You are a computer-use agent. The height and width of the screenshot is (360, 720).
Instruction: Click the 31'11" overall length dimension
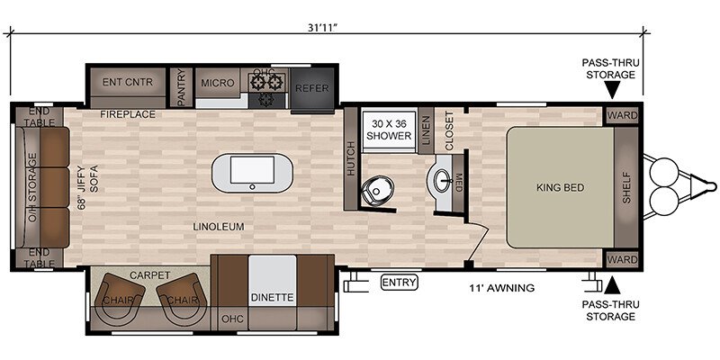[327, 26]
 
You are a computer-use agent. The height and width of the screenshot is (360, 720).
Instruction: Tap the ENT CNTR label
[127, 83]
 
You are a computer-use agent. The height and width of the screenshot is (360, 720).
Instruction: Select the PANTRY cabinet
[181, 87]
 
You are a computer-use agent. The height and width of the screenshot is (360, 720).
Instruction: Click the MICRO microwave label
[218, 83]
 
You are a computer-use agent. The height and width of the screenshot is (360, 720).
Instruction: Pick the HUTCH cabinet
[352, 159]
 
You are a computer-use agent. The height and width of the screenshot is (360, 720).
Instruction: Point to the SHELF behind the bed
[626, 188]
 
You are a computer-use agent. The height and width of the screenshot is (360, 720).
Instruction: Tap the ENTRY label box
[399, 282]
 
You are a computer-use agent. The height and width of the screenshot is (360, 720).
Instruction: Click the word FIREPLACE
[128, 114]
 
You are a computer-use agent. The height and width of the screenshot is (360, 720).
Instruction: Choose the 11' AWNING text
[501, 288]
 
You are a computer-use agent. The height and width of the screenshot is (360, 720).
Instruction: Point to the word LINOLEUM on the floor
[219, 227]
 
